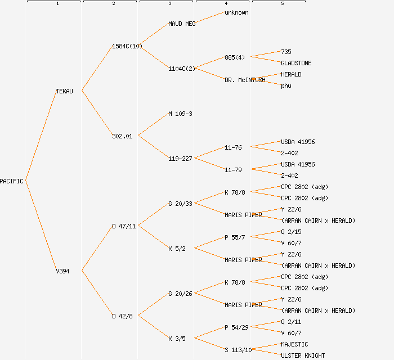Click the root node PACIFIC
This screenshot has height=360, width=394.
pos(12,181)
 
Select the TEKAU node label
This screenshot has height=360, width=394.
pos(64,91)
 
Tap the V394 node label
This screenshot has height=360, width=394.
pos(62,271)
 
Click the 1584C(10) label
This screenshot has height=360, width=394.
pos(127,46)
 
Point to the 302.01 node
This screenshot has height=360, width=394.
pos(122,136)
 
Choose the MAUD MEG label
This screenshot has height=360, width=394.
pos(182,24)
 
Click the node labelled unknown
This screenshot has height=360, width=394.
pos(236,12)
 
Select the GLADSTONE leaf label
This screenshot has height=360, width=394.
pos(296,63)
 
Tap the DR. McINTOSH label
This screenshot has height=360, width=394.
pos(245,80)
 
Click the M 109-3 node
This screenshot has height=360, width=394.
pos(180,114)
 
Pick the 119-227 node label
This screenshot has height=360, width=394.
pos(180,159)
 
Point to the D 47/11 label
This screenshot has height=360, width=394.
pos(124,226)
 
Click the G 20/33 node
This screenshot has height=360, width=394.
pos(180,204)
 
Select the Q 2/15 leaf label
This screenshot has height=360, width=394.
pos(291,232)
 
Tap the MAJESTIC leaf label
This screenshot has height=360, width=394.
pos(294,344)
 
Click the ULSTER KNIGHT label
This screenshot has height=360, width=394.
pos(303,355)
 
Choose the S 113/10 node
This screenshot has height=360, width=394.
pos(238,350)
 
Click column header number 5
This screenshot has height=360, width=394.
pos(283,4)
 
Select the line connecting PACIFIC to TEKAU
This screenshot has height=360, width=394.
pos(41,136)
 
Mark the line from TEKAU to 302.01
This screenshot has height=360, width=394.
pos(97,113)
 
